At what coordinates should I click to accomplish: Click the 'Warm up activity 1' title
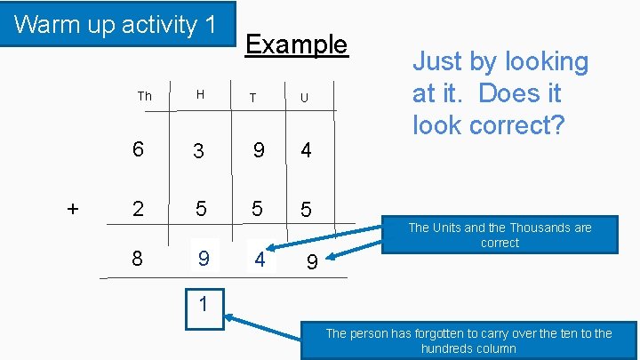click(116, 24)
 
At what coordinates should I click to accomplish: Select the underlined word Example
click(296, 44)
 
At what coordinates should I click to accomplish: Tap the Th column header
click(145, 96)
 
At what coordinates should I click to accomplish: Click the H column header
click(200, 95)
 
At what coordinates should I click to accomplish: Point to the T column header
click(253, 97)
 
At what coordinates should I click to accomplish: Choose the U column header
click(304, 97)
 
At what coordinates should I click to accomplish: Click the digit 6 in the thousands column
click(138, 150)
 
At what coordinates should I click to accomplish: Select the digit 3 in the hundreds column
click(199, 151)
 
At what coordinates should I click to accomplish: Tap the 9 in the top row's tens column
click(258, 150)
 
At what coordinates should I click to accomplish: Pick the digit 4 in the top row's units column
click(306, 150)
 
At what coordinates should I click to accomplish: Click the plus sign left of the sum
click(73, 209)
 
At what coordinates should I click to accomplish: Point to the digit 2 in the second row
click(138, 209)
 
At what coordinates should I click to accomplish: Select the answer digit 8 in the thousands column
click(138, 259)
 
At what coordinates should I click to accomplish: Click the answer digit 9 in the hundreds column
click(204, 259)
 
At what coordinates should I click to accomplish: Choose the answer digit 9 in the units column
click(311, 263)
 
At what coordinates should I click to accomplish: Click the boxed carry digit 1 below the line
click(204, 305)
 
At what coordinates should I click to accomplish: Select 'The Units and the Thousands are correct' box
click(500, 235)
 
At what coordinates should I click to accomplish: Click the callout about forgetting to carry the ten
click(468, 340)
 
